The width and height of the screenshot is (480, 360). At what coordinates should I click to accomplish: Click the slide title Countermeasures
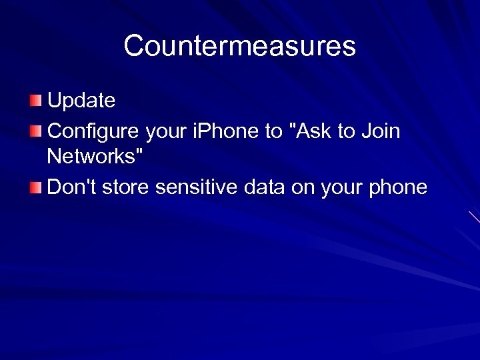239,46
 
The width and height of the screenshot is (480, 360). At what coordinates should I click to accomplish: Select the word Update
81,101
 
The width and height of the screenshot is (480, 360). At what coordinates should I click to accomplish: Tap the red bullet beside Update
35,101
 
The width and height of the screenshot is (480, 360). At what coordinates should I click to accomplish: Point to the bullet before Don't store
35,187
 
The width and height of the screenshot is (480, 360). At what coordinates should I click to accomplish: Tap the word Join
379,131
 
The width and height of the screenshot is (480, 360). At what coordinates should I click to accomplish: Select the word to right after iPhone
273,131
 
